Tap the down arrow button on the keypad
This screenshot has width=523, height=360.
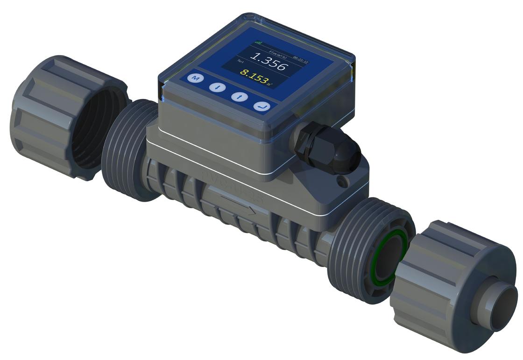(x=217, y=87)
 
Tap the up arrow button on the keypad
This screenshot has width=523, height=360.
(x=239, y=97)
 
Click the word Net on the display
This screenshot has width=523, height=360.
(x=241, y=61)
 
